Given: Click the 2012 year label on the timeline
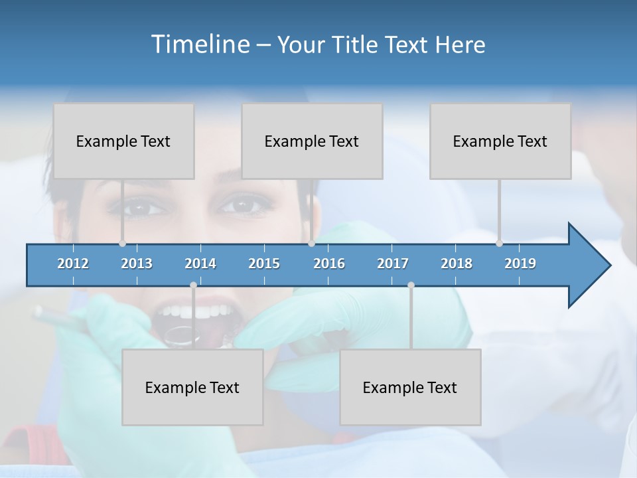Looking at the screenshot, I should point(73,264).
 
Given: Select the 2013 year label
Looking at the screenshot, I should point(137,264).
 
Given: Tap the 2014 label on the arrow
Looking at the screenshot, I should point(200,264).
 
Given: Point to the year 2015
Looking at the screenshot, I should point(264,264).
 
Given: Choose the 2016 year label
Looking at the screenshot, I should point(329,264).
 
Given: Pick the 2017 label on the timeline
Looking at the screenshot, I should point(393,264).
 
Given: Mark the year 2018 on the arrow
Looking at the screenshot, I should point(457,264).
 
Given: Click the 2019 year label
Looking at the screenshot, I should point(520,264).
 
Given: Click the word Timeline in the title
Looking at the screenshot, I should point(200,44).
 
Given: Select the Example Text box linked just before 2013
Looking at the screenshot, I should point(123,141).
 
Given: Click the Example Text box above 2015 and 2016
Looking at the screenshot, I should point(312,141).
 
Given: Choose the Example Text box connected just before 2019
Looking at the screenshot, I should point(500,141).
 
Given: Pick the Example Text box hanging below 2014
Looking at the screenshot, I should point(192,387).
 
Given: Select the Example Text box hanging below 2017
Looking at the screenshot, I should point(410,387).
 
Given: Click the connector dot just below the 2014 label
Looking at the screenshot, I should point(193,285).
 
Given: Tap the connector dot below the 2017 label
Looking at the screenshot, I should point(411,285).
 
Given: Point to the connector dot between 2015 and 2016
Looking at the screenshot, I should point(311,243).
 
